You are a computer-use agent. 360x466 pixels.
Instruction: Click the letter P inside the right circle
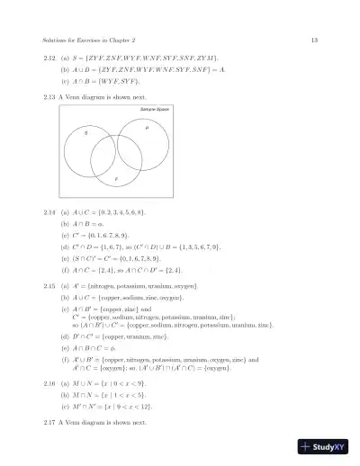147,129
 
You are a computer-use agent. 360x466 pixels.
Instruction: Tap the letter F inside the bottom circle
115,179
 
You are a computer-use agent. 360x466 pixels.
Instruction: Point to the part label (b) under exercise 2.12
64,68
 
